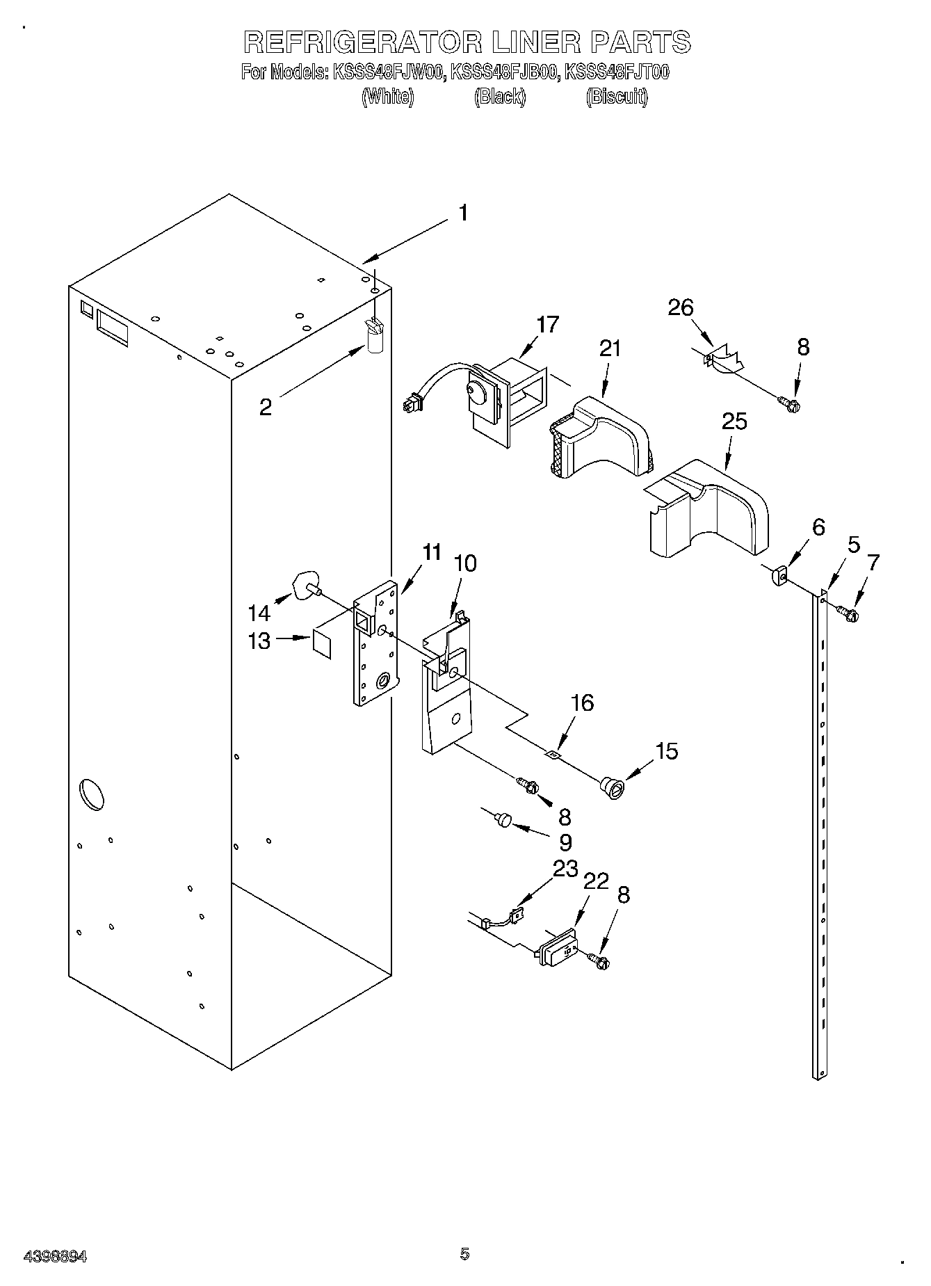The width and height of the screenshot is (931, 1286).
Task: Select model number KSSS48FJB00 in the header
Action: (505, 72)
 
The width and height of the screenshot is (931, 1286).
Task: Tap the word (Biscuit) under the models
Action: (616, 97)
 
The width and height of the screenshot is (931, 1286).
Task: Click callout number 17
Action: (547, 325)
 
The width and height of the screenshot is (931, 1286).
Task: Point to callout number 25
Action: (734, 421)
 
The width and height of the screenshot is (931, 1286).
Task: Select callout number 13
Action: (259, 641)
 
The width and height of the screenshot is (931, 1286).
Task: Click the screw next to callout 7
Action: (848, 613)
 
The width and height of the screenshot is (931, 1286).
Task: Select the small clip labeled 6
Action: (779, 576)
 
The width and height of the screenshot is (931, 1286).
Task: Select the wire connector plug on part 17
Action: (411, 403)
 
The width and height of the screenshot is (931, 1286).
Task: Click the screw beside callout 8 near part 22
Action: (599, 961)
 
